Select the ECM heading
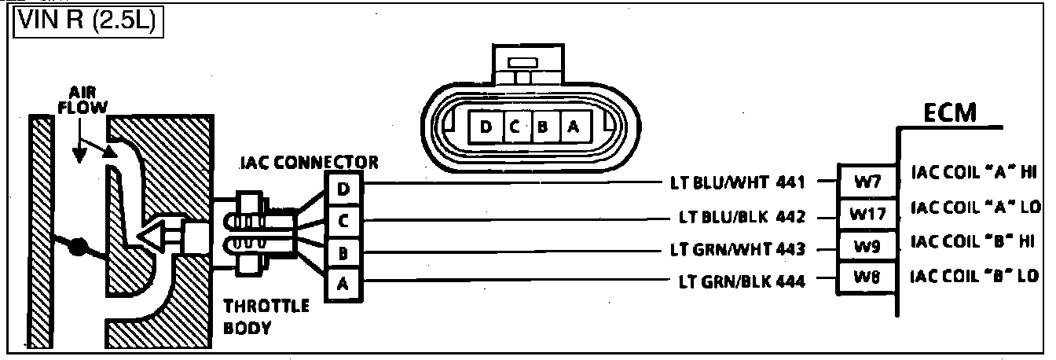tap(950, 115)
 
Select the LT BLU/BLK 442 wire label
tap(742, 216)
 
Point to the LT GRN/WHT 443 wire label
tap(738, 249)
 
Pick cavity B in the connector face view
tap(542, 127)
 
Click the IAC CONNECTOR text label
tap(309, 163)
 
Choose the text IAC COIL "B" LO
tap(973, 276)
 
